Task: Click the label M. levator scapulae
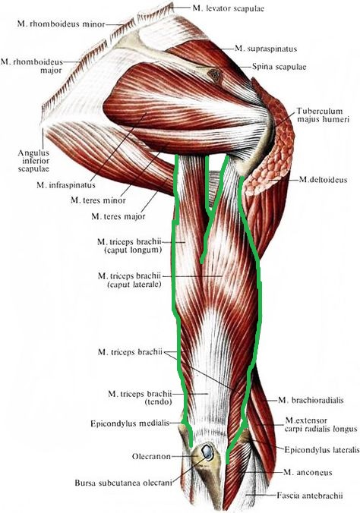click(x=228, y=8)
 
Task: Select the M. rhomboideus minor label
click(x=62, y=24)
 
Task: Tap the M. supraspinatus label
click(x=266, y=49)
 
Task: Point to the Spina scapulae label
click(x=279, y=67)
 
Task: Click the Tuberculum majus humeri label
click(x=323, y=115)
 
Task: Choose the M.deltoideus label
click(x=323, y=180)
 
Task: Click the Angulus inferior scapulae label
click(x=33, y=161)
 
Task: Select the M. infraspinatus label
click(x=66, y=185)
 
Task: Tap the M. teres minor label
click(x=98, y=200)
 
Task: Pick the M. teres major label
click(x=118, y=216)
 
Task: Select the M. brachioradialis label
click(x=311, y=400)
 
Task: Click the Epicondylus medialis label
click(x=130, y=423)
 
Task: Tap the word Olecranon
click(x=151, y=456)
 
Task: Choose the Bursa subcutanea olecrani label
click(x=123, y=483)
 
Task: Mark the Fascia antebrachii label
click(x=310, y=496)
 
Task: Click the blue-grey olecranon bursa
click(x=207, y=452)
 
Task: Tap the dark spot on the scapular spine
click(x=216, y=75)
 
